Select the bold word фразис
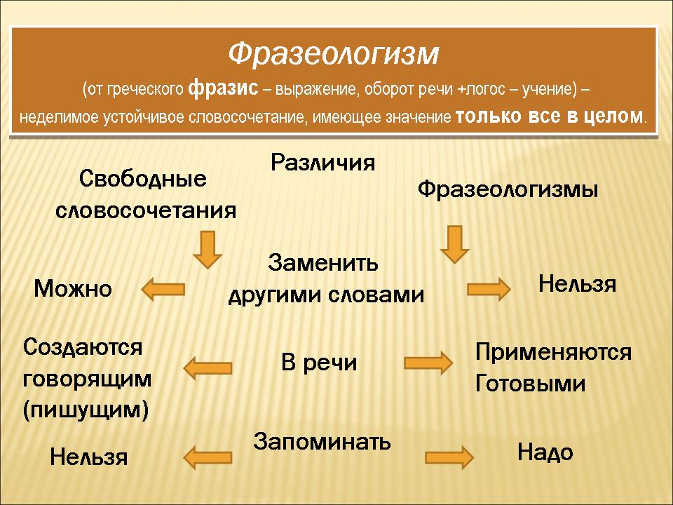click(223, 89)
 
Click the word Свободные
click(142, 178)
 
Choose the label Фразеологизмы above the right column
click(508, 189)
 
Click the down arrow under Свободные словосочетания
click(208, 250)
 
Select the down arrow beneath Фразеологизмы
click(455, 244)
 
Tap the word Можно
click(73, 288)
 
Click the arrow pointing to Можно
click(163, 289)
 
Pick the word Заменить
click(322, 262)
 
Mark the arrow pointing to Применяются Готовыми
click(428, 363)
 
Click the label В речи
click(319, 363)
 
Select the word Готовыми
click(531, 383)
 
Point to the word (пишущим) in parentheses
click(86, 410)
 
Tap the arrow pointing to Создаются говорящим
click(208, 368)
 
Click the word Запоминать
click(322, 441)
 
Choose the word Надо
click(545, 452)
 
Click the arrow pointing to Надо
click(449, 457)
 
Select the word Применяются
click(554, 352)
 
